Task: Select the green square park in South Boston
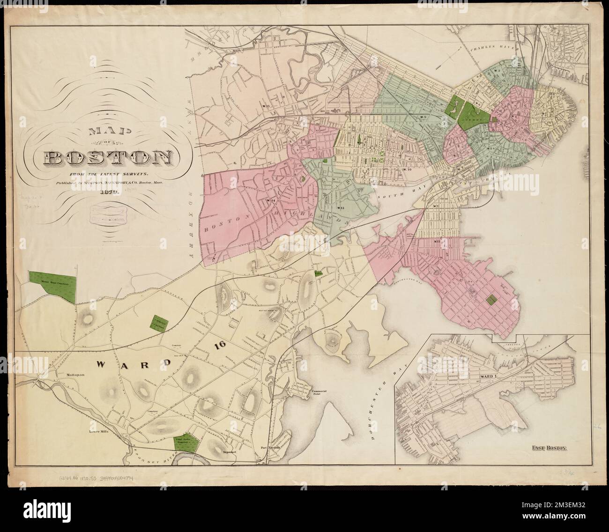click(x=491, y=300)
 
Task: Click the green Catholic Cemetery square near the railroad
click(x=158, y=323)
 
